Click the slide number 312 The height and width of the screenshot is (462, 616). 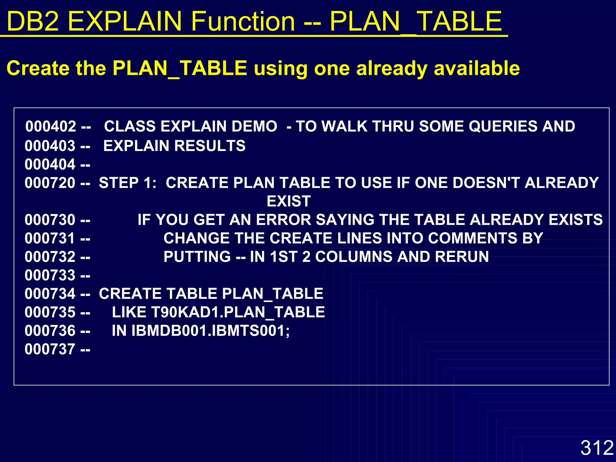(597, 448)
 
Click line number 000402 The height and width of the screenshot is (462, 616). (51, 126)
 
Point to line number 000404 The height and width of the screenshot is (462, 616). (50, 165)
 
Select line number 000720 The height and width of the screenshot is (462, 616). (50, 183)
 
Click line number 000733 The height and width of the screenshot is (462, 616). (50, 275)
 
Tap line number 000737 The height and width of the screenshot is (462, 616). (50, 349)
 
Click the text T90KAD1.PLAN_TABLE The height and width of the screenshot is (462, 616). (238, 312)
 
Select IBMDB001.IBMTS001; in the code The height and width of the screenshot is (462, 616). (210, 331)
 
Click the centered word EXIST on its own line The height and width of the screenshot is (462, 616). (288, 201)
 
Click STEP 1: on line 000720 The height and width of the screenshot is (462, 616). (128, 183)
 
